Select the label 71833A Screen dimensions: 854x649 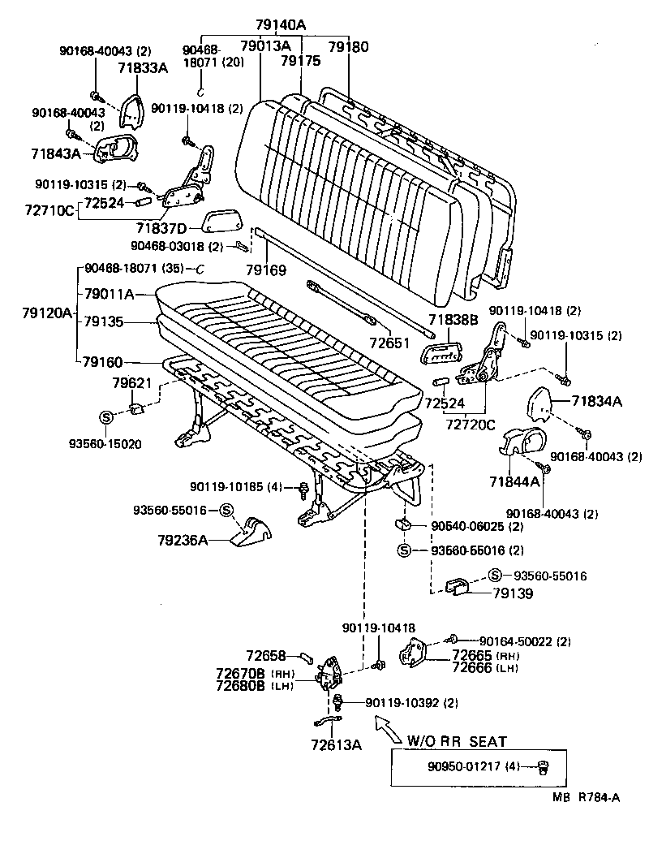(142, 68)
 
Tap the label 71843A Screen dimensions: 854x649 (55, 153)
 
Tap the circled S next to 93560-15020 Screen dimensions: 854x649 (105, 417)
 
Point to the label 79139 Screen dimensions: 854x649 (513, 594)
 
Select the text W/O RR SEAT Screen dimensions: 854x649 (457, 741)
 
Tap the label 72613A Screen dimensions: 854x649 (335, 744)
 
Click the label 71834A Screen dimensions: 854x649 (596, 400)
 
